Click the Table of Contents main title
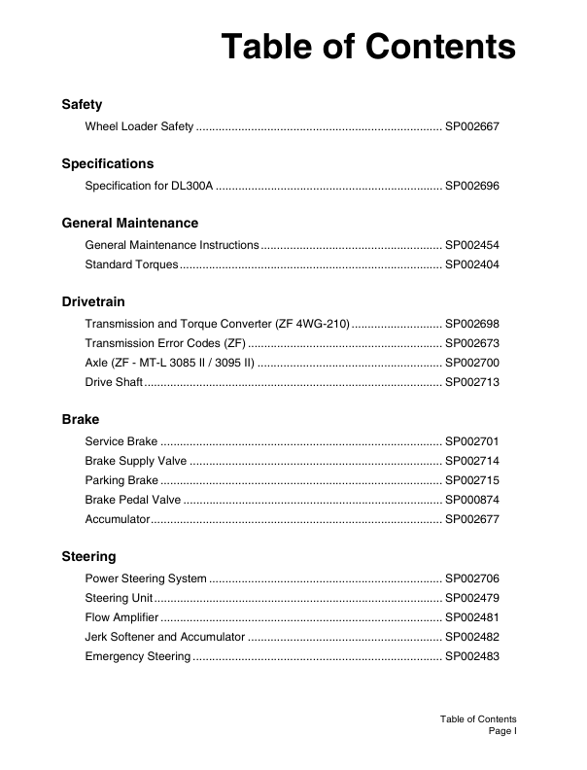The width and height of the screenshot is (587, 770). click(x=368, y=47)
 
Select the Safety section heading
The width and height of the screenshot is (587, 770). click(x=82, y=104)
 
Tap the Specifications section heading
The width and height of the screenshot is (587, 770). click(x=108, y=163)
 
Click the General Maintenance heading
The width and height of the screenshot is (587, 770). click(x=130, y=223)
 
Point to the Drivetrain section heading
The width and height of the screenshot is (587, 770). click(x=93, y=301)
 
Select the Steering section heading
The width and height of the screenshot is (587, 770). click(x=88, y=556)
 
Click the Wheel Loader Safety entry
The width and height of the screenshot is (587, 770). click(x=140, y=126)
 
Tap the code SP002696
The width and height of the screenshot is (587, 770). click(x=471, y=186)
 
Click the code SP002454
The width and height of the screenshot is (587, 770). click(x=471, y=245)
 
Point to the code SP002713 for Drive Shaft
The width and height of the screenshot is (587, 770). click(x=471, y=382)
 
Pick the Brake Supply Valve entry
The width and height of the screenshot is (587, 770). click(x=135, y=461)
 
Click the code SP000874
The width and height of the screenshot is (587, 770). click(x=471, y=500)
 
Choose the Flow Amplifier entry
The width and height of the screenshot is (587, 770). click(x=122, y=617)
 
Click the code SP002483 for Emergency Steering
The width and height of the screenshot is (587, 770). click(x=471, y=656)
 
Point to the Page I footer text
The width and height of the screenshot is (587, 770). click(x=501, y=730)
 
